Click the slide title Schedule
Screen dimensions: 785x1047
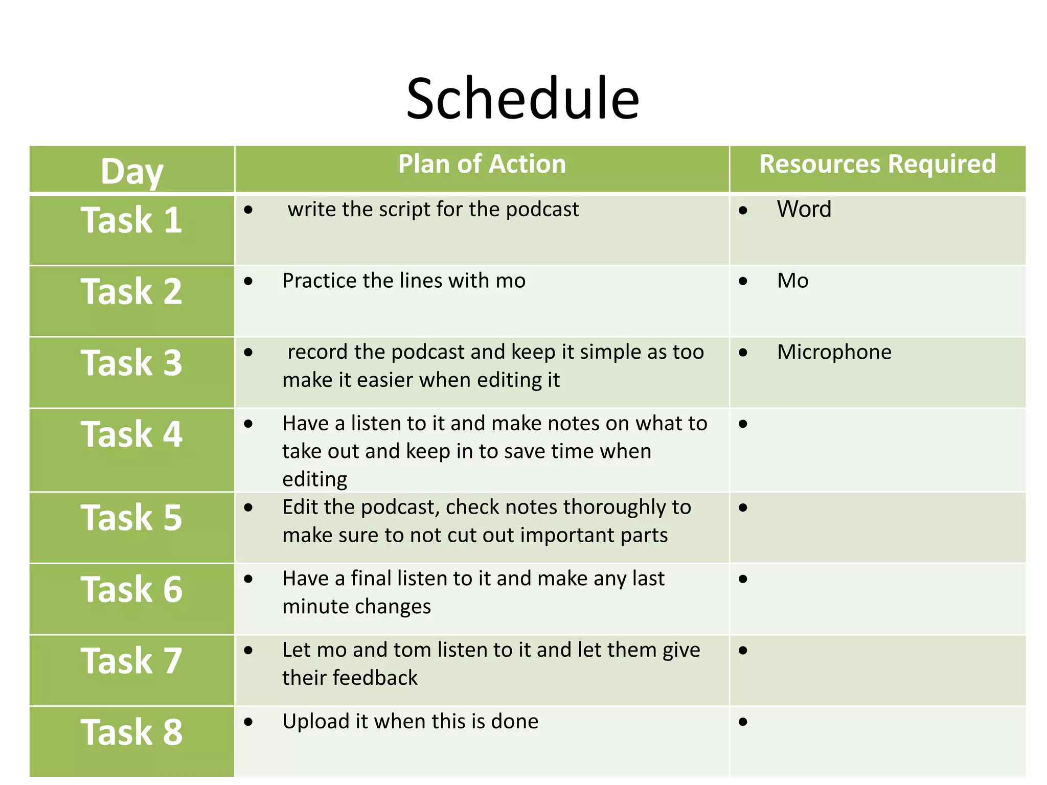522,98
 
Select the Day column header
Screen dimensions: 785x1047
132,171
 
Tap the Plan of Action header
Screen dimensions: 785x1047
482,164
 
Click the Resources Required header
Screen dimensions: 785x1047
877,164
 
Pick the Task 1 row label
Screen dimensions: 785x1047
131,220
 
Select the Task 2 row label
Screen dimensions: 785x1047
131,291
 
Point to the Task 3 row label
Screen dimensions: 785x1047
131,363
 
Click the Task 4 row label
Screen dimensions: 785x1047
131,434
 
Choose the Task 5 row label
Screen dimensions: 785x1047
131,518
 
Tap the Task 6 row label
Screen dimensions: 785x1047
131,589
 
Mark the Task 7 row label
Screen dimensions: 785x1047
131,661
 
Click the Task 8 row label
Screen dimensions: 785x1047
131,732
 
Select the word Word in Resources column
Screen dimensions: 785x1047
804,209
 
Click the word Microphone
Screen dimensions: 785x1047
834,352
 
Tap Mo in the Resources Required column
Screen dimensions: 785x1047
792,281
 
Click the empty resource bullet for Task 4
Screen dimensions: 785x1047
743,424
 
